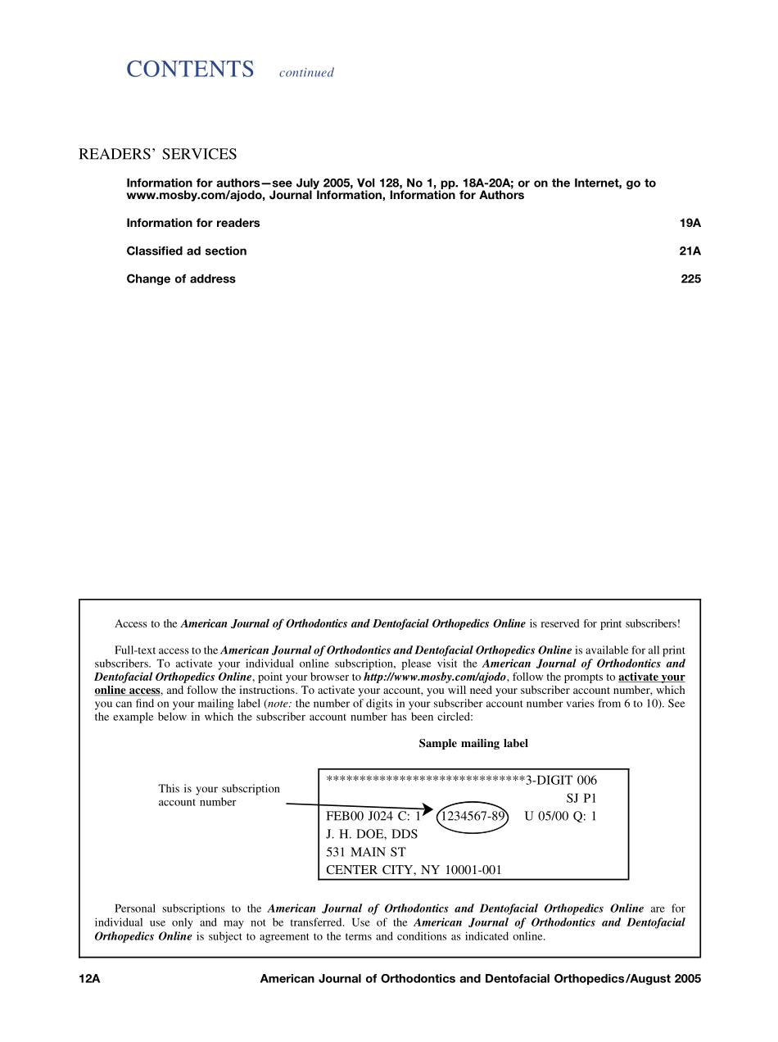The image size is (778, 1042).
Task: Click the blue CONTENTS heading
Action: (x=190, y=70)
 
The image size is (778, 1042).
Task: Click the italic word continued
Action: (x=306, y=73)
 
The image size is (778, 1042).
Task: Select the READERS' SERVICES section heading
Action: (x=157, y=154)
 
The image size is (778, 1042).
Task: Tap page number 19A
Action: (x=690, y=223)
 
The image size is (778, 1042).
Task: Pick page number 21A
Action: (x=690, y=251)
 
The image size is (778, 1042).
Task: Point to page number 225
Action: (x=690, y=279)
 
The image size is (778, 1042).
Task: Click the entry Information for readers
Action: (x=192, y=223)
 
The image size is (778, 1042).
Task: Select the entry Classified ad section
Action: (x=186, y=251)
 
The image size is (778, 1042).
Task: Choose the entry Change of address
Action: (x=180, y=279)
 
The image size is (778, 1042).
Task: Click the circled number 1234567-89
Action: (x=473, y=816)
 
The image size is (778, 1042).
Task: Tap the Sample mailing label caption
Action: (x=473, y=744)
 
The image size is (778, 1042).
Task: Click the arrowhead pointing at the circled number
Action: (x=427, y=809)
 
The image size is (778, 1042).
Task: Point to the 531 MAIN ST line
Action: (x=365, y=852)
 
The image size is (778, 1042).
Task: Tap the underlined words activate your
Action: (x=651, y=677)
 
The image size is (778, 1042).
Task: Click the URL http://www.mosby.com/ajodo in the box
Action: (x=435, y=677)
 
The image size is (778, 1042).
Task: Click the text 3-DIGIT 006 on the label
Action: (x=561, y=780)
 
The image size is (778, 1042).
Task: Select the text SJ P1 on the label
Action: (x=581, y=798)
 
